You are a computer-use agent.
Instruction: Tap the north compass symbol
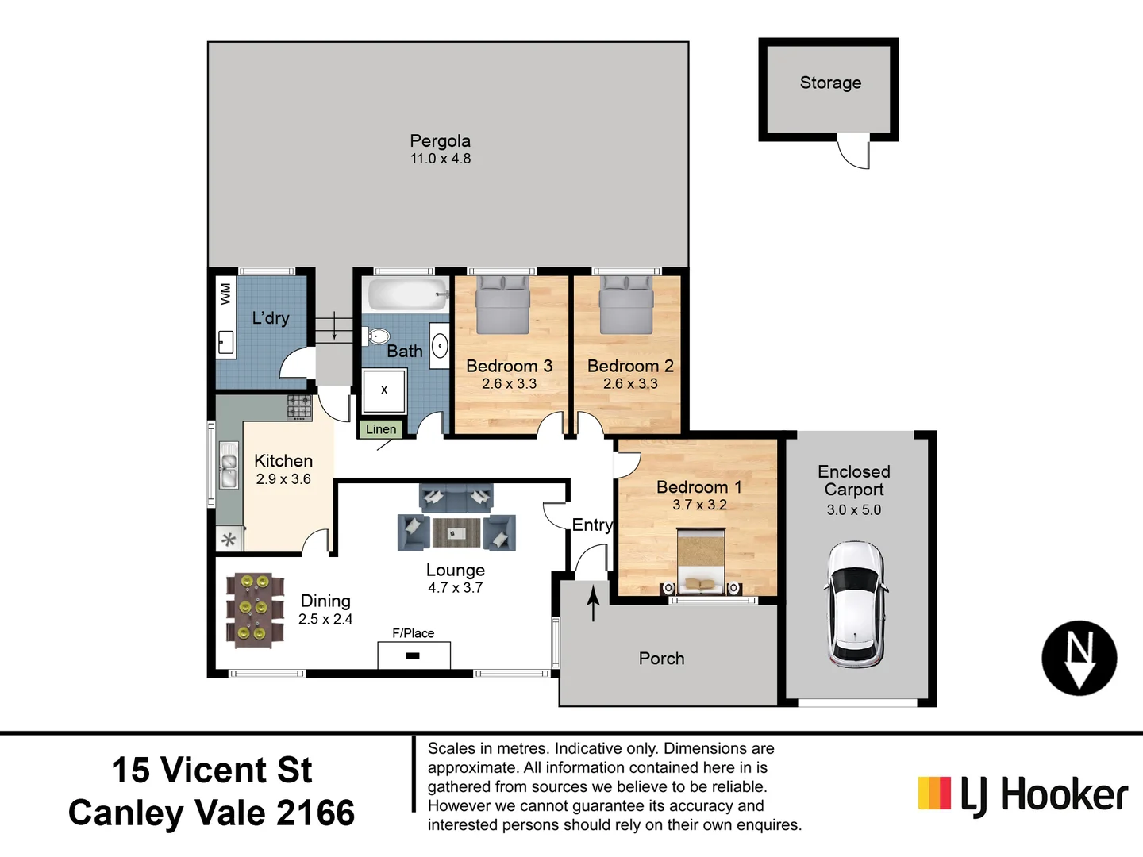coord(1079,658)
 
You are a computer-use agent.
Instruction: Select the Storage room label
coord(830,83)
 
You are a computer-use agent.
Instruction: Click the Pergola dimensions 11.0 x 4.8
coord(440,159)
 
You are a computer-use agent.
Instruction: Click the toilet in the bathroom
coord(377,336)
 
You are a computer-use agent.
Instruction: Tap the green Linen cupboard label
coord(381,429)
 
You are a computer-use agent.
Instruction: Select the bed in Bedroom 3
coord(502,305)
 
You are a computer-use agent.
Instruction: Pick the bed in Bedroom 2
coord(626,305)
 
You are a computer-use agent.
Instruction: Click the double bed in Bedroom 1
coord(700,562)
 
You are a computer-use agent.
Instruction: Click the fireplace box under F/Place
coord(414,655)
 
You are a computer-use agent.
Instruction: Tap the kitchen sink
coord(229,468)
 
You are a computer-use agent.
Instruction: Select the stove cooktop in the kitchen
coord(299,406)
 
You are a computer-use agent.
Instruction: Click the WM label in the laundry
coord(225,294)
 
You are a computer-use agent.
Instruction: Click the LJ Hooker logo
coord(1022,794)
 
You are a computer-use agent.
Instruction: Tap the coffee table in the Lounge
coord(456,532)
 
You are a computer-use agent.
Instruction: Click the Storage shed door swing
coord(856,155)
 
